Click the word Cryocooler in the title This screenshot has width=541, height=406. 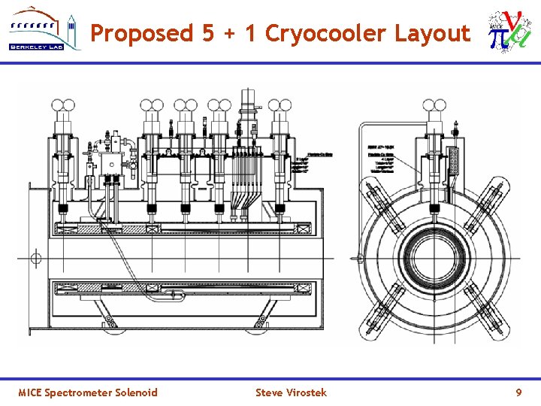tap(326, 33)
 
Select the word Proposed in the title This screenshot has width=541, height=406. tap(141, 33)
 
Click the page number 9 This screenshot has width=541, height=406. tap(518, 392)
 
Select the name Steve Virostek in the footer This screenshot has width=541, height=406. tap(291, 392)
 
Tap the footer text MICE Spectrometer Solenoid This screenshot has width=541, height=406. tap(88, 392)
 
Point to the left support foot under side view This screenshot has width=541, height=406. tap(113, 322)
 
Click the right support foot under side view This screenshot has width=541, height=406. tap(261, 322)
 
